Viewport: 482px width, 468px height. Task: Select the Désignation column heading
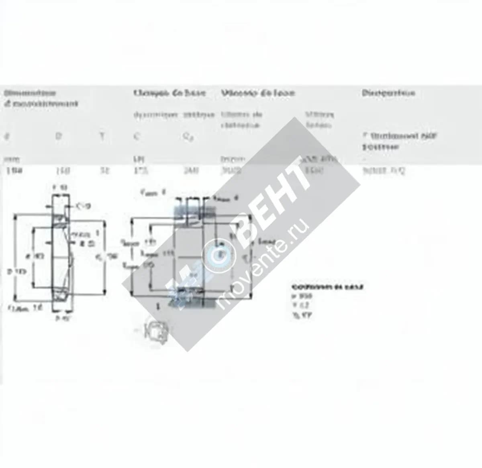click(x=388, y=93)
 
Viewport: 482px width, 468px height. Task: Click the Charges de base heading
click(x=170, y=93)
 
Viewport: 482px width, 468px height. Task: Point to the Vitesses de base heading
click(x=258, y=93)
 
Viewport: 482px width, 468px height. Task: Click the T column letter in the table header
click(x=102, y=137)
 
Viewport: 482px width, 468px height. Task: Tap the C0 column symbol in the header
click(x=188, y=137)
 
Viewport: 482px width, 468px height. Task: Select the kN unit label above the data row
click(x=137, y=159)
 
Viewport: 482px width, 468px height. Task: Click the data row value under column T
click(x=104, y=171)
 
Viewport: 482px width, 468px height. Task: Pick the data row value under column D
click(x=63, y=171)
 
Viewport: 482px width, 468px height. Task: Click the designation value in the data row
click(x=384, y=171)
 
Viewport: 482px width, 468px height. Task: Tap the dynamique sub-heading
click(x=155, y=115)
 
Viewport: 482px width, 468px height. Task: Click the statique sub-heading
click(x=199, y=115)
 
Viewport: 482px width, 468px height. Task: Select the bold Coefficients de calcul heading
click(x=328, y=287)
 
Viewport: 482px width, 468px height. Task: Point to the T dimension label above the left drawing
click(x=60, y=187)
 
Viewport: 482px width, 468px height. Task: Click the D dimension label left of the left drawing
click(x=16, y=272)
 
